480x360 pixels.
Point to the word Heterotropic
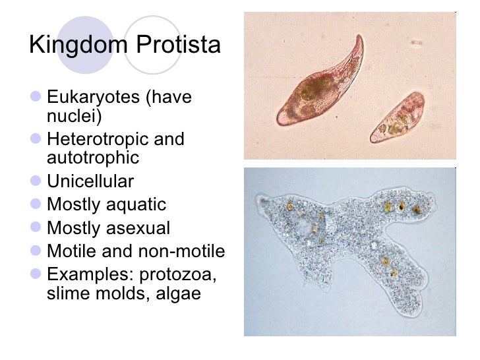click(x=97, y=139)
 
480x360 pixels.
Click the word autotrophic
click(x=93, y=158)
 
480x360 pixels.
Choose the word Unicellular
click(x=90, y=181)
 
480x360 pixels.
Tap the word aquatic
click(x=138, y=205)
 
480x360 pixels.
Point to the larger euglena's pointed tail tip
click(x=359, y=36)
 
